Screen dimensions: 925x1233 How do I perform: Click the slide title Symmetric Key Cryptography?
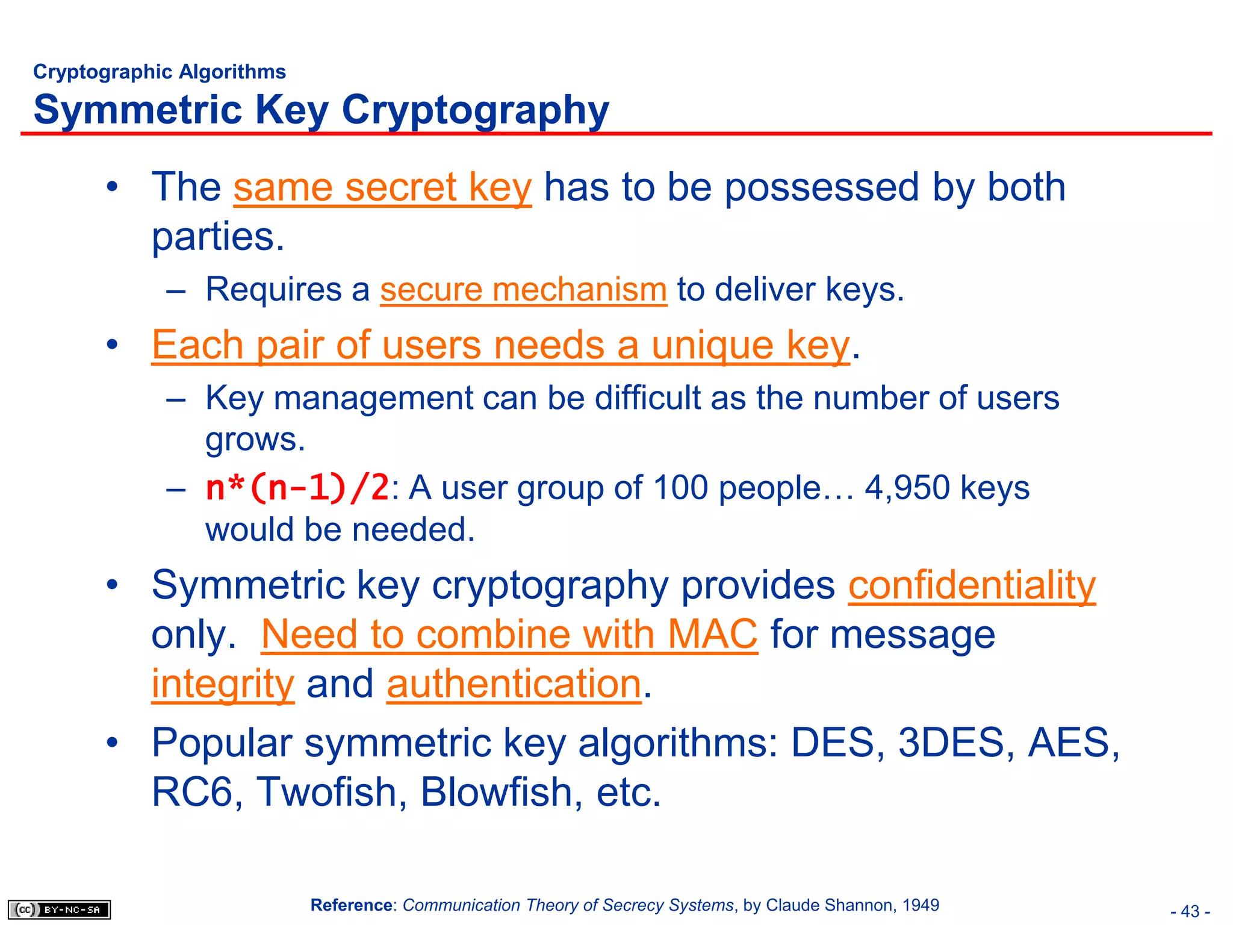[321, 110]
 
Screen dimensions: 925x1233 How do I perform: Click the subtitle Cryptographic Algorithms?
[160, 72]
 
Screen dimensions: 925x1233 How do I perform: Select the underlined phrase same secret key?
[382, 187]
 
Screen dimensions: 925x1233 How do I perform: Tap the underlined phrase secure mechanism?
[523, 290]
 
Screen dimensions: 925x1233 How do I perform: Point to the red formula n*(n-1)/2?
[297, 488]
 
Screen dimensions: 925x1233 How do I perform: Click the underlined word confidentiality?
[972, 585]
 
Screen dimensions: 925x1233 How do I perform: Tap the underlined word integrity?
[223, 684]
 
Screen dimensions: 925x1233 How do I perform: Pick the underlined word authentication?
[514, 684]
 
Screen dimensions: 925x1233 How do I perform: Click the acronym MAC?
[713, 635]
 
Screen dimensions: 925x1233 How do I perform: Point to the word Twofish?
[326, 792]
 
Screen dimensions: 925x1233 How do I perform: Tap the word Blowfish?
[496, 792]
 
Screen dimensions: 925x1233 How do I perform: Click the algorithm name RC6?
[191, 792]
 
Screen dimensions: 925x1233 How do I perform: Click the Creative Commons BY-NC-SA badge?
[59, 909]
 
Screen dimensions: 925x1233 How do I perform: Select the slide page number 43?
[1190, 911]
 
